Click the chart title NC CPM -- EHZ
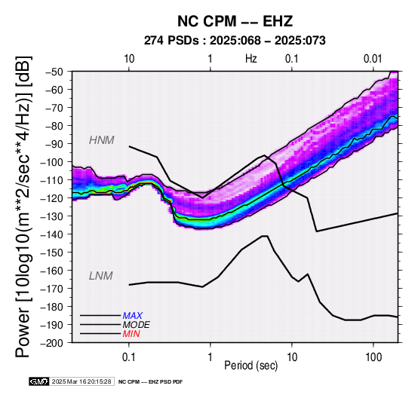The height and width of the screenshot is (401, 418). tap(235, 21)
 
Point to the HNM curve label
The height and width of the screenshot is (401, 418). tap(101, 140)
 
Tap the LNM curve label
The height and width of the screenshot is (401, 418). tap(101, 276)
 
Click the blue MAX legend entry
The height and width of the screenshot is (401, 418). tap(133, 316)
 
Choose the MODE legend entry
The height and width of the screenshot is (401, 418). tap(137, 325)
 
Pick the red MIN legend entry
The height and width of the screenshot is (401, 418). tap(131, 334)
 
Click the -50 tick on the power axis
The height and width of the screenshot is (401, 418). tap(54, 72)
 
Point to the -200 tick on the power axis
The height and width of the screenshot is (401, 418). tap(52, 343)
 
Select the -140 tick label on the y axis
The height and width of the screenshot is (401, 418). tap(52, 234)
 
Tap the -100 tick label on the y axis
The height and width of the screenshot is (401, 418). tap(52, 162)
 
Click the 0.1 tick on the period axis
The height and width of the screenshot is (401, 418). tap(129, 357)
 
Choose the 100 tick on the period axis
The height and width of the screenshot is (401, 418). tap(373, 357)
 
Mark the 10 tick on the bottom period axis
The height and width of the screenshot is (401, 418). tap(292, 357)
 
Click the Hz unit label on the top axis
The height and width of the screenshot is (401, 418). tap(250, 59)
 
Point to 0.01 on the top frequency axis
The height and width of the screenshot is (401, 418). tap(373, 59)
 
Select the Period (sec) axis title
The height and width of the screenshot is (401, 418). tap(250, 366)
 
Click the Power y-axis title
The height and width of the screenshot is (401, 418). tap(23, 207)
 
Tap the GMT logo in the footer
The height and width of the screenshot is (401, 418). tap(39, 381)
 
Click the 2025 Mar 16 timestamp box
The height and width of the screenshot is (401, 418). tap(81, 381)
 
